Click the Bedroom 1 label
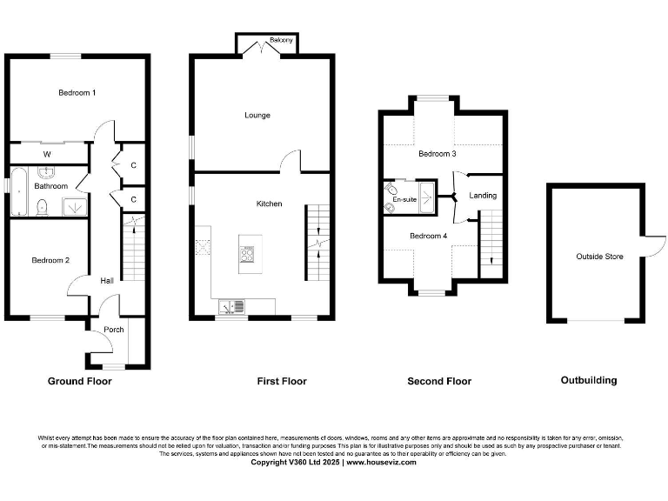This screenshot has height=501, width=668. [77, 93]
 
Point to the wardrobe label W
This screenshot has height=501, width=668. [47, 155]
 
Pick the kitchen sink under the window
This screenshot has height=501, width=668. [231, 305]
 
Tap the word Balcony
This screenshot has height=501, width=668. [281, 41]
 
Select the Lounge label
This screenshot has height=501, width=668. [257, 116]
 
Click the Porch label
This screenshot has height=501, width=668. [113, 330]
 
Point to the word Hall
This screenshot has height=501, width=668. [106, 280]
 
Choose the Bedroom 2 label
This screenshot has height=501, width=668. [50, 260]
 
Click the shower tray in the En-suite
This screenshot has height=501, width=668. [427, 192]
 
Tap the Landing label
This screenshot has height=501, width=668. [483, 196]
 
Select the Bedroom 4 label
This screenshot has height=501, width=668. [428, 236]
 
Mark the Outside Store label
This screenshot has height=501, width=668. [599, 257]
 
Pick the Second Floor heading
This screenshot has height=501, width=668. [439, 381]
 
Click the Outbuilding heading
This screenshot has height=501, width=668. [588, 380]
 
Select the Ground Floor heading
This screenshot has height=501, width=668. [79, 381]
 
